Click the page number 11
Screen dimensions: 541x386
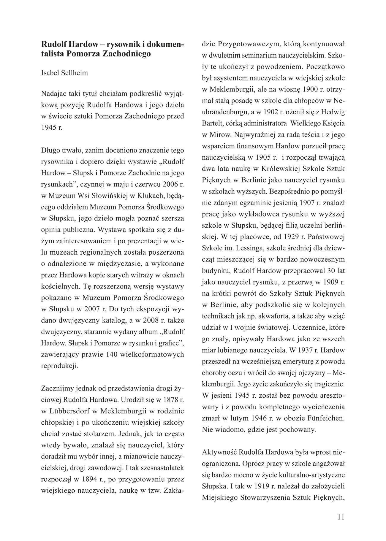(341, 517)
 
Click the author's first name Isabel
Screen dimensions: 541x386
(51, 73)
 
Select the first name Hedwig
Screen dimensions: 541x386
(333, 112)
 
